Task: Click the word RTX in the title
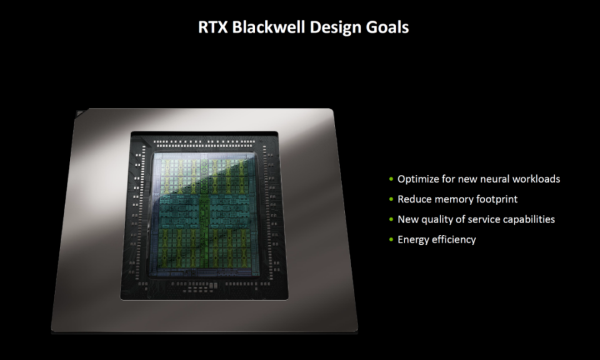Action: [x=212, y=27]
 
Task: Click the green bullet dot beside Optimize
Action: [x=391, y=179]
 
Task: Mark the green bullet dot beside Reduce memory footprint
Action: [x=391, y=199]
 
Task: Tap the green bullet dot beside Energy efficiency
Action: [x=391, y=240]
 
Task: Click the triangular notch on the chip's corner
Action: [x=81, y=112]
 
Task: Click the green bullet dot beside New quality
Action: [x=391, y=219]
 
